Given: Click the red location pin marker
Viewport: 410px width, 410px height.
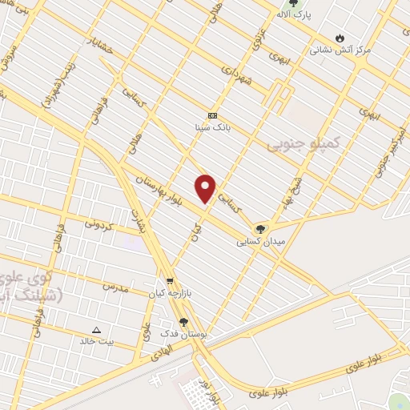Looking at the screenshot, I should point(207,188).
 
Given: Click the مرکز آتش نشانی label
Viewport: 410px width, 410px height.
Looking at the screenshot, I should point(340,50).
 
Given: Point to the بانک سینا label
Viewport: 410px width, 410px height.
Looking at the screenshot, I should point(211,127).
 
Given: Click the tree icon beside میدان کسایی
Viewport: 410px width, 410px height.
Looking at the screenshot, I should point(259,228).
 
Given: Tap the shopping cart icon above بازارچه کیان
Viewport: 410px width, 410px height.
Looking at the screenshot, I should point(170,281).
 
